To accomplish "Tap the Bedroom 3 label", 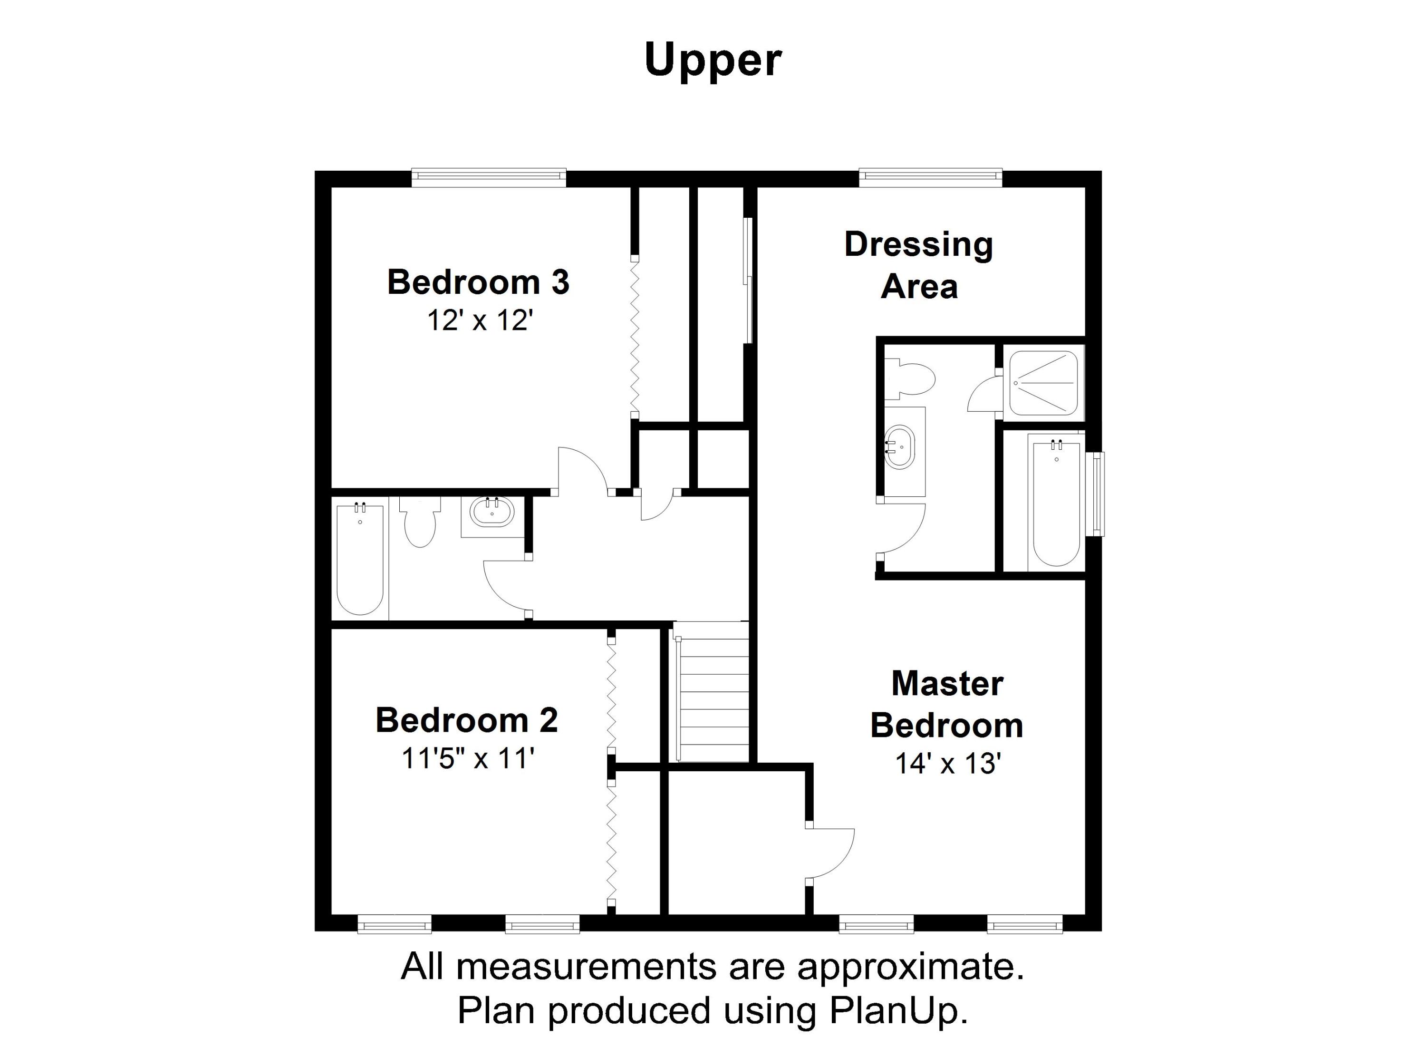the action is pos(478,282).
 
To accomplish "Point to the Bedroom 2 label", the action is pos(466,720).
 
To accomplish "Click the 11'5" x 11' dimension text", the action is pos(468,758).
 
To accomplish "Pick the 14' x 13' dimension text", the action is pos(947,764).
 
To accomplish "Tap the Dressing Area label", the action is pos(919,265).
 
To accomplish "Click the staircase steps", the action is pos(711,692).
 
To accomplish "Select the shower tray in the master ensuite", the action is pos(1043,383).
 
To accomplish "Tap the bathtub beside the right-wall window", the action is pos(1056,503).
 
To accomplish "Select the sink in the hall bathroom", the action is pos(493,512).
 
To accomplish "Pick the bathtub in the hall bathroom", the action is pos(360,558).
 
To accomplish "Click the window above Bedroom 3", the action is pos(489,178).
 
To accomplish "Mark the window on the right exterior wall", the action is pos(1097,494).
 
